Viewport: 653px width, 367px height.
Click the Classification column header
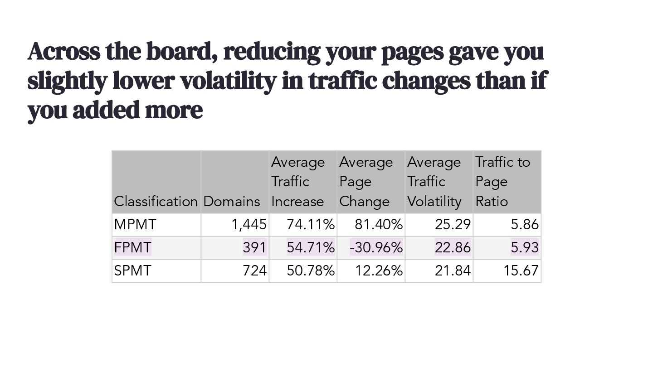(156, 201)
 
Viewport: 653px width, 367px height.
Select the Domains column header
(232, 201)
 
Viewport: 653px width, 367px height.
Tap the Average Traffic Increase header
(298, 182)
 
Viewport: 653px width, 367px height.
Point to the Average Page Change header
(366, 182)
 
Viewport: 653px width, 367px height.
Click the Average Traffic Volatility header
(434, 182)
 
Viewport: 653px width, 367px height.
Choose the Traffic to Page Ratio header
(502, 182)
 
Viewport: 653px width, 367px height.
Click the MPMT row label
(136, 224)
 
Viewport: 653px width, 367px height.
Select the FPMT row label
(133, 247)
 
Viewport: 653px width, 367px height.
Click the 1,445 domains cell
(249, 224)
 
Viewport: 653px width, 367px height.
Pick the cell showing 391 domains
(254, 247)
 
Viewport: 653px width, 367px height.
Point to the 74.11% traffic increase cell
(311, 224)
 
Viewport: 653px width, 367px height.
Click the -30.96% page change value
(376, 247)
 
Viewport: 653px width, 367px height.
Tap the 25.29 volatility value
(453, 224)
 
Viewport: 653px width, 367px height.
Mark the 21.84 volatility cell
(453, 270)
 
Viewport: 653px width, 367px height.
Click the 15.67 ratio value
(521, 270)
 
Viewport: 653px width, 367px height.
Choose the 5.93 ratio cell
(525, 247)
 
